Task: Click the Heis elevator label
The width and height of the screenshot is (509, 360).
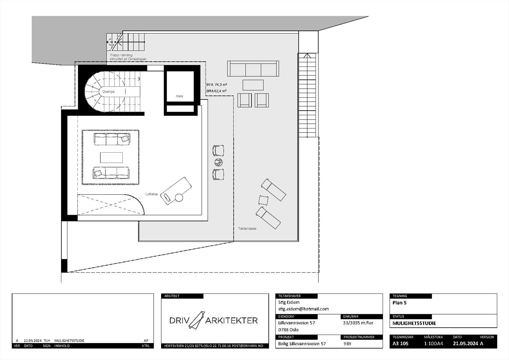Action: pyautogui.click(x=179, y=96)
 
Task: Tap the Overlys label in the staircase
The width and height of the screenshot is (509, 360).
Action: pyautogui.click(x=108, y=92)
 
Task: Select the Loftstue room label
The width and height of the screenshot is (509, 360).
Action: pyautogui.click(x=151, y=194)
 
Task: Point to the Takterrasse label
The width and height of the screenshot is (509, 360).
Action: pyautogui.click(x=247, y=229)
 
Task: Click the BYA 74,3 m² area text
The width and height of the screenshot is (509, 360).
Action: pyautogui.click(x=217, y=85)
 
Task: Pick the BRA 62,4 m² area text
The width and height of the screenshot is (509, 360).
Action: pyautogui.click(x=216, y=91)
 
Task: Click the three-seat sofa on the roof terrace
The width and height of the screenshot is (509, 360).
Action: pyautogui.click(x=253, y=68)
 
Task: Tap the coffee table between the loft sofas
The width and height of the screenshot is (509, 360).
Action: pyautogui.click(x=111, y=157)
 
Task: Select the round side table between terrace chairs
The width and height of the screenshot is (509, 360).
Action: pyautogui.click(x=218, y=162)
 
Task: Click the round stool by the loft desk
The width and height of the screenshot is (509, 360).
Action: pyautogui.click(x=179, y=198)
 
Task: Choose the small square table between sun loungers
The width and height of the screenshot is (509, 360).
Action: pyautogui.click(x=263, y=200)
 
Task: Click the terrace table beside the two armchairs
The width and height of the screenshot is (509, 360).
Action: pyautogui.click(x=253, y=85)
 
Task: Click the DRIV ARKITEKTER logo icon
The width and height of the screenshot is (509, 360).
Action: pyautogui.click(x=197, y=320)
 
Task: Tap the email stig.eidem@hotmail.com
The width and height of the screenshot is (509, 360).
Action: pyautogui.click(x=303, y=309)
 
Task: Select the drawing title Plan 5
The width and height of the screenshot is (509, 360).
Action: pyautogui.click(x=400, y=303)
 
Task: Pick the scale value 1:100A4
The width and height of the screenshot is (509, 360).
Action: pyautogui.click(x=433, y=343)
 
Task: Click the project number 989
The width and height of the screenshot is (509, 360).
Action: pyautogui.click(x=348, y=343)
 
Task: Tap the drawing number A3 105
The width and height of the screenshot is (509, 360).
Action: pyautogui.click(x=401, y=343)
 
